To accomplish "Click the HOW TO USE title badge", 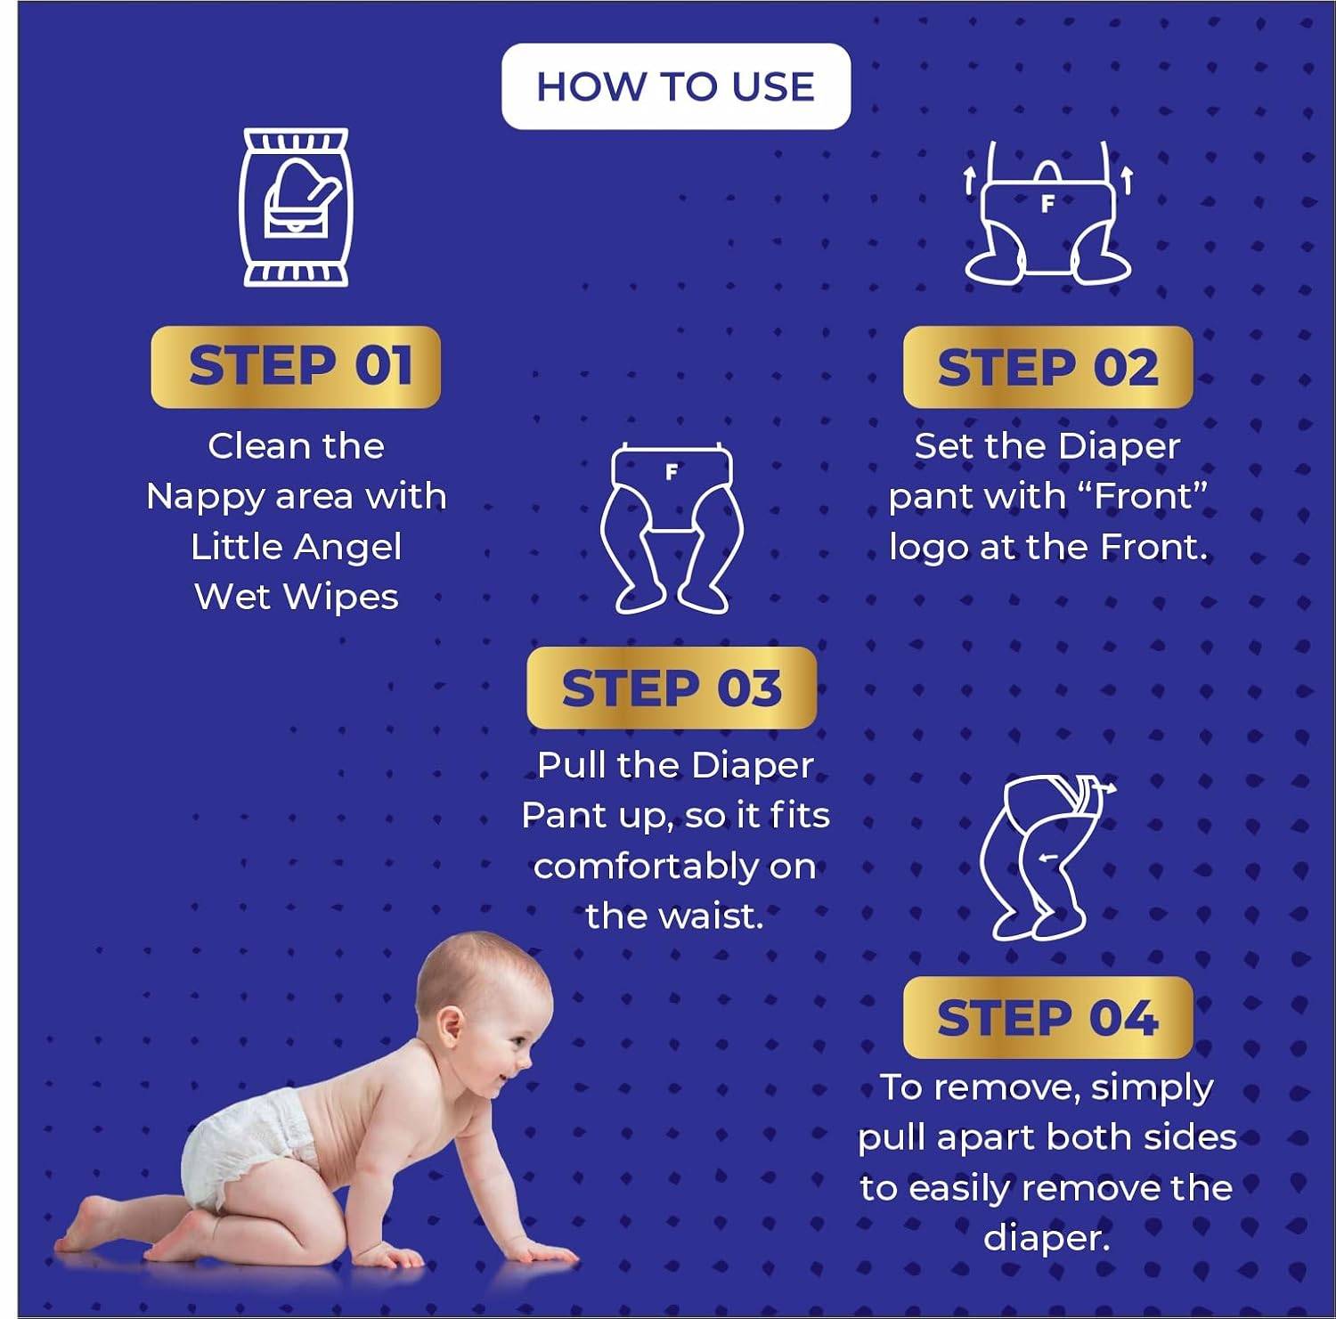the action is [676, 86].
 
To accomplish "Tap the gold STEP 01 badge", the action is [296, 367].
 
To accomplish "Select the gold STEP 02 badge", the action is [1047, 367].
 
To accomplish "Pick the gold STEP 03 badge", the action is [672, 688].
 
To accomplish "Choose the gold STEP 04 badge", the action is [1047, 1017].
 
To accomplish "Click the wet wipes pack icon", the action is [296, 208].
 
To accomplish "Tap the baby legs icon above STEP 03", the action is [672, 528].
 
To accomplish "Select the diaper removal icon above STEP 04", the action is [1047, 857].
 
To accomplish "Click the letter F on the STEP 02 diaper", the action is [1047, 204].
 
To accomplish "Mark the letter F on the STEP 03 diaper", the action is [672, 472].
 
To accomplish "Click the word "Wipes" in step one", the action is [341, 598].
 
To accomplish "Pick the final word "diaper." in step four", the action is [1047, 1238].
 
